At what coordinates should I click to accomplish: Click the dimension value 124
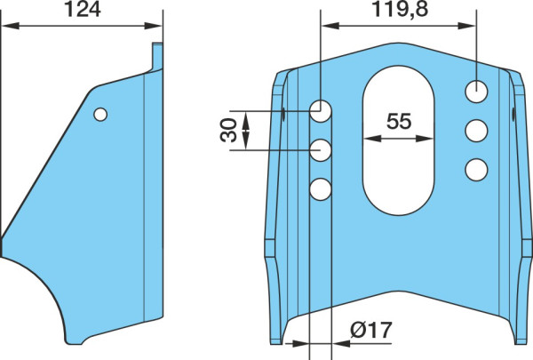click(83, 10)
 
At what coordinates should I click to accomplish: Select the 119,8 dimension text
click(400, 9)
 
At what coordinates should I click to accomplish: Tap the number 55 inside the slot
click(399, 121)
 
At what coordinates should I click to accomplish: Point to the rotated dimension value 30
click(228, 130)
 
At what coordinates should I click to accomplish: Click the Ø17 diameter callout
click(371, 330)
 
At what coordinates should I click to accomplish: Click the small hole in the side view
click(100, 115)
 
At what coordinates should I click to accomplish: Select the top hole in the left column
click(321, 111)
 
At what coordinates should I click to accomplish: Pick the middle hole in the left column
click(321, 150)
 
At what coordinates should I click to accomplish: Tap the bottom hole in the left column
click(321, 189)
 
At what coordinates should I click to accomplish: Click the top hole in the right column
click(476, 92)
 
